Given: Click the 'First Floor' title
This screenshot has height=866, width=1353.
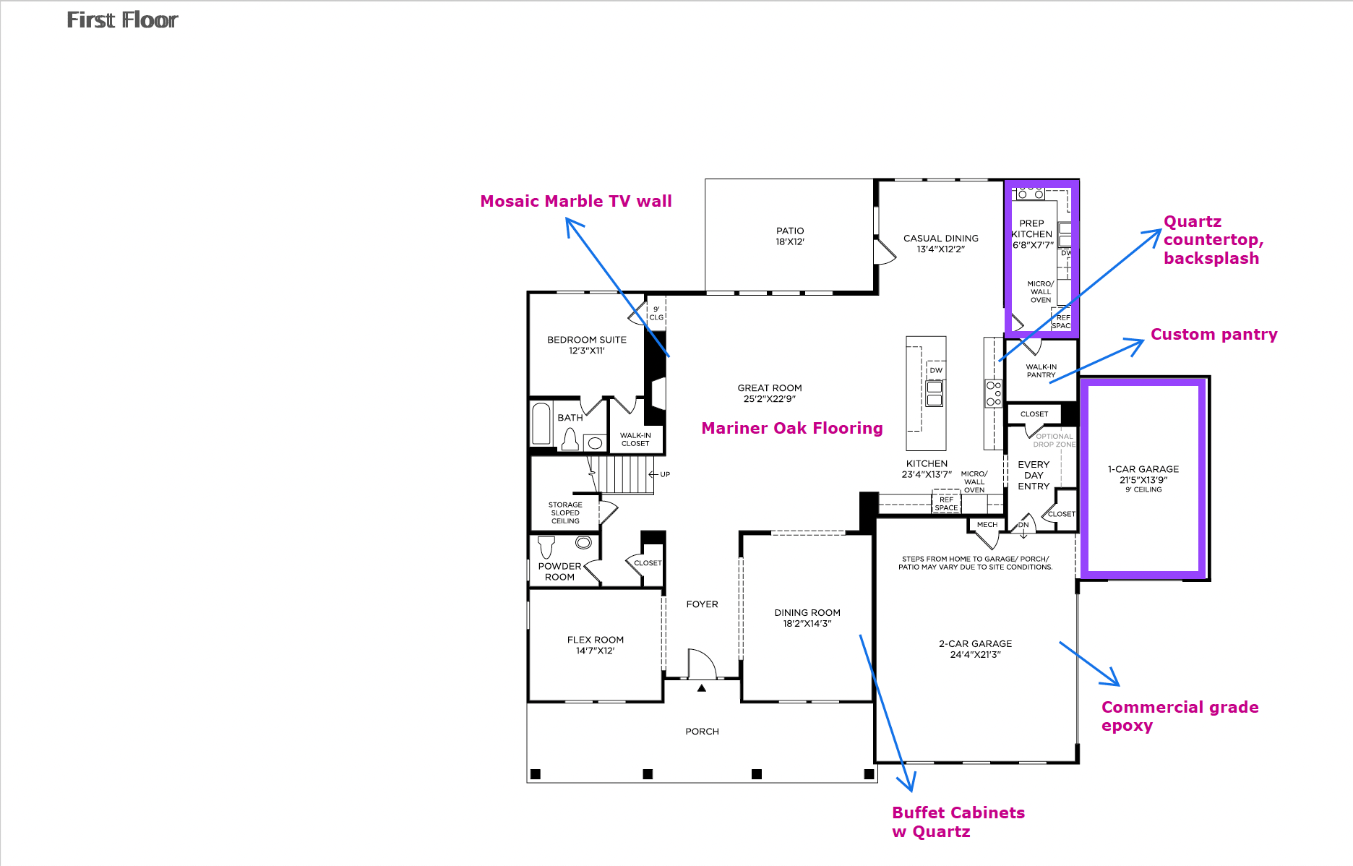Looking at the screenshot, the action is (x=122, y=20).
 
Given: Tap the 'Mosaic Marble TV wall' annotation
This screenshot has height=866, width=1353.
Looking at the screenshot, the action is (x=576, y=201).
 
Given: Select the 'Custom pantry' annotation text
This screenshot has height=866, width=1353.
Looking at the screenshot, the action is (x=1214, y=335).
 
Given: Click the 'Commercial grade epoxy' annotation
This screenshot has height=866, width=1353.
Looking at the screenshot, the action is (x=1180, y=716).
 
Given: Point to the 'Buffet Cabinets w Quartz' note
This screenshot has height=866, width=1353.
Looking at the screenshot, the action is (x=958, y=822).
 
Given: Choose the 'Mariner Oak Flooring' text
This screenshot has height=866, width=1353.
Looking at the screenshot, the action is (x=792, y=428).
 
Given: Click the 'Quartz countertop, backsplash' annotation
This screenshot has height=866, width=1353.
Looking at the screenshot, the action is (x=1214, y=240).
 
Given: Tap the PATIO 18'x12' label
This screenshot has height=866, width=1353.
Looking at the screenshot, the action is (x=790, y=236).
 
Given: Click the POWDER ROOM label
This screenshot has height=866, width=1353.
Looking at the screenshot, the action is (x=560, y=572).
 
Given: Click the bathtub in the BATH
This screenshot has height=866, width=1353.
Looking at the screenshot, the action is (x=541, y=424).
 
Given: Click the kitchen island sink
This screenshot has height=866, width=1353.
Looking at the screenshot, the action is (x=935, y=393).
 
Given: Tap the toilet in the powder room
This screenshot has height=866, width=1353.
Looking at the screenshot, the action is (x=547, y=546).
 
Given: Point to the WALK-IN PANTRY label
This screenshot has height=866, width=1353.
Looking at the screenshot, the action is (x=1041, y=371).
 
